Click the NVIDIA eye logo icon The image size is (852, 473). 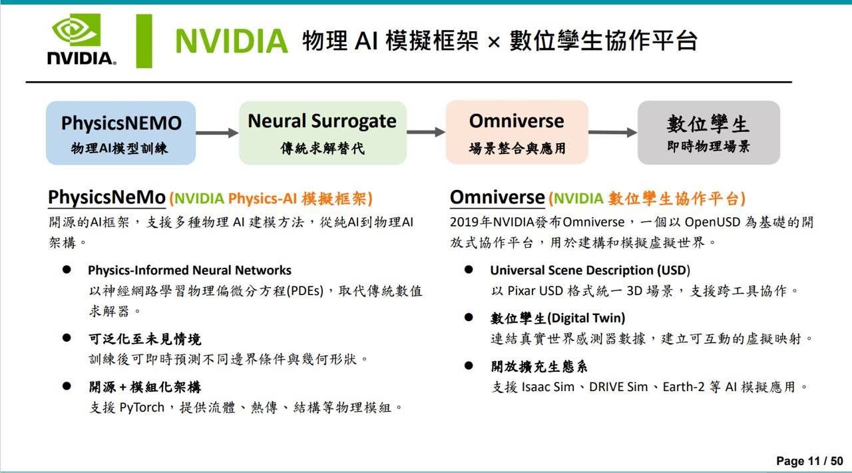click(x=77, y=30)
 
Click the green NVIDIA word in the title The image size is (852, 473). click(x=231, y=41)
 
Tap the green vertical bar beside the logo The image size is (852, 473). click(x=144, y=41)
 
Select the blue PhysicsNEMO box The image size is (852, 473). click(x=121, y=133)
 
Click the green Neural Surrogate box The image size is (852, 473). click(x=323, y=133)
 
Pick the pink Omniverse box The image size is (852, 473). click(x=517, y=132)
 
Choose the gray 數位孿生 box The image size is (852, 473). click(x=709, y=133)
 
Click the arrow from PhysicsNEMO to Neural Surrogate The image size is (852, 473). click(x=217, y=133)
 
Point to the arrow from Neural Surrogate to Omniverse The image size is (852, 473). click(x=426, y=132)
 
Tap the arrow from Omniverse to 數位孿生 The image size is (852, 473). click(x=613, y=133)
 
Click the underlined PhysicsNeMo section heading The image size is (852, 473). click(x=107, y=198)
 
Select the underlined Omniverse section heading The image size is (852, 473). click(x=497, y=197)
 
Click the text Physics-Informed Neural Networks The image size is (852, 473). click(x=190, y=270)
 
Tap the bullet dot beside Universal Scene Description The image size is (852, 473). click(x=469, y=270)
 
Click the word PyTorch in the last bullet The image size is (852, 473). click(x=142, y=408)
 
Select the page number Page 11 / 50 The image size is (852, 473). click(x=810, y=461)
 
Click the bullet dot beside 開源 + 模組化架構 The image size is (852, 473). click(x=67, y=386)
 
